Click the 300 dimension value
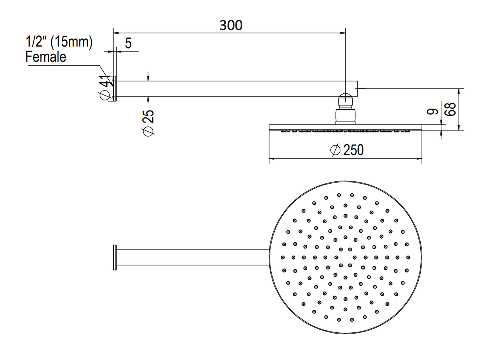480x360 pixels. point(231,25)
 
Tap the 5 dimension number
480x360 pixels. point(129,43)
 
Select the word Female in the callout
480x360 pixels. point(46,57)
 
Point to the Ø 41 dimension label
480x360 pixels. point(105,87)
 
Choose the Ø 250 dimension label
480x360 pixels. point(347,150)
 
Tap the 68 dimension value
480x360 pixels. point(450,109)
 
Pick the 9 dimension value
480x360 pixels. point(432,112)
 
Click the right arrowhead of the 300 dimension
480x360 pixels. point(343,33)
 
